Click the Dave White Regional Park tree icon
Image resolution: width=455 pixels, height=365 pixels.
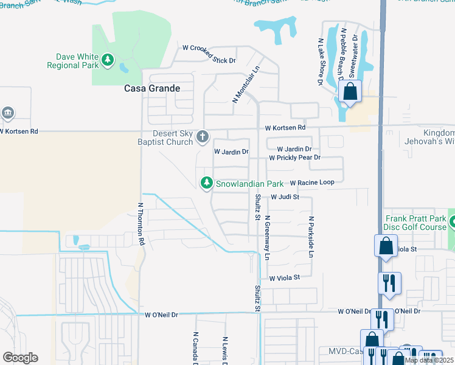[108, 60]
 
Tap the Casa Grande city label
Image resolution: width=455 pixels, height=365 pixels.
[152, 88]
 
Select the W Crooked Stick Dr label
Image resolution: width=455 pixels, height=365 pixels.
[209, 48]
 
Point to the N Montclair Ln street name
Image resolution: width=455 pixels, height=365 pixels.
[246, 85]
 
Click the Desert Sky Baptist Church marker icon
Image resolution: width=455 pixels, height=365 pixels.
[203, 137]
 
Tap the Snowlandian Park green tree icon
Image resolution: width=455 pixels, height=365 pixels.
[207, 182]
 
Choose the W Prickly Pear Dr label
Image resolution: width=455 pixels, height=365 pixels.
[294, 158]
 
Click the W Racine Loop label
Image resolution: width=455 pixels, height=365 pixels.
[312, 182]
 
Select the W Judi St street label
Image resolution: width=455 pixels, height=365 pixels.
[286, 197]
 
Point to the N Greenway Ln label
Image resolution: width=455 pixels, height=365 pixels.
[266, 237]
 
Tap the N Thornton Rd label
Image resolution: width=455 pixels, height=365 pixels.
[141, 224]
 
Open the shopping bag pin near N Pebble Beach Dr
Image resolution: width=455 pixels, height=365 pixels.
[350, 92]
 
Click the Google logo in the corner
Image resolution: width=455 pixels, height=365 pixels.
[20, 358]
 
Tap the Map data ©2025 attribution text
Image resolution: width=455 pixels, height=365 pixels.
[429, 360]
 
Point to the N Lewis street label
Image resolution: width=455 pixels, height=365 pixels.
[225, 350]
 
